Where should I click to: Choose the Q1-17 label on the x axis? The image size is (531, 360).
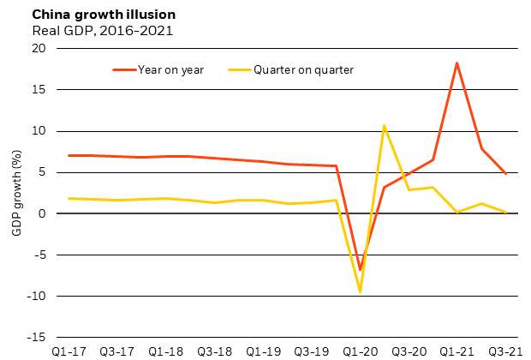click(x=68, y=351)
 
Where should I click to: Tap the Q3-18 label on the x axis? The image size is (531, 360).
click(x=214, y=351)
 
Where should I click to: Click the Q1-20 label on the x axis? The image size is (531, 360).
click(x=360, y=351)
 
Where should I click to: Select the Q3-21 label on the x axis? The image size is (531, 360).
click(x=505, y=351)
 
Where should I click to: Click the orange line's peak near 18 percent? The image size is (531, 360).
click(x=457, y=63)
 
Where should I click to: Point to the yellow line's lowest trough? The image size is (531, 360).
click(x=360, y=291)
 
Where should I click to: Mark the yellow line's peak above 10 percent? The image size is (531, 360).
click(x=384, y=126)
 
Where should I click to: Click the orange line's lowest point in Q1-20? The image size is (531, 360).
click(x=360, y=269)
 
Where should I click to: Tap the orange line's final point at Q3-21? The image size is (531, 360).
click(x=505, y=173)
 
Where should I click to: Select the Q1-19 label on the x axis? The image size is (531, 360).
click(x=263, y=351)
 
